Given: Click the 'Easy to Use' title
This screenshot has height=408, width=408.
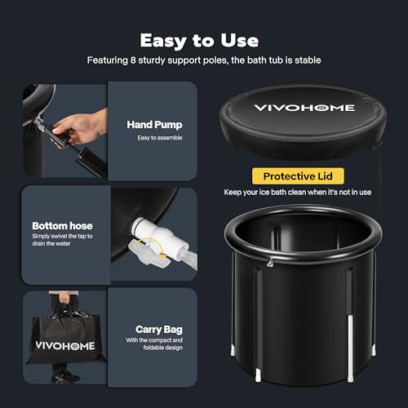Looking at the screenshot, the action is [x=199, y=41].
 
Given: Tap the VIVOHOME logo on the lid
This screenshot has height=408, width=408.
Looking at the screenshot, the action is [x=304, y=108].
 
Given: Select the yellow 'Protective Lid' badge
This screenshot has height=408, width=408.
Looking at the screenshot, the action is [x=298, y=176].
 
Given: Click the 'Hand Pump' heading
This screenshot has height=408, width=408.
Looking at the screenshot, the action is [x=154, y=125].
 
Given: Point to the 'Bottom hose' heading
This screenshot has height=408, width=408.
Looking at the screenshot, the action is [x=62, y=226].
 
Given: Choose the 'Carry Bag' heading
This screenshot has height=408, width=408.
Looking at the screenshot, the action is [x=159, y=330].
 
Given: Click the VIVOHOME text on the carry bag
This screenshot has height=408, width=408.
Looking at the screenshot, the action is [x=65, y=346].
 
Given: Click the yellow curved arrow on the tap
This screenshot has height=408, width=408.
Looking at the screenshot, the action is [x=153, y=246].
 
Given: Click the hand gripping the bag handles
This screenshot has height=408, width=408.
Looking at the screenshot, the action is [x=64, y=299].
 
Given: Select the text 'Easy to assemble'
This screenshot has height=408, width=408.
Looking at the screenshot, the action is [x=160, y=138].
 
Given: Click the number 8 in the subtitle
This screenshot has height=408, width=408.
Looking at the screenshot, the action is [x=133, y=60].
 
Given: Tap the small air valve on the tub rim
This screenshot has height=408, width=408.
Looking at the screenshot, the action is [x=270, y=263].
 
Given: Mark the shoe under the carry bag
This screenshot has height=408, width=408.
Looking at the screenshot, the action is [x=65, y=377].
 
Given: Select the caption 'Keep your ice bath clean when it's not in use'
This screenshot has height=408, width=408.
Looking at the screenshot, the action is [x=298, y=193].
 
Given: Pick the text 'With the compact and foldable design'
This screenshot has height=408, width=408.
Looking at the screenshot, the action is [x=154, y=344].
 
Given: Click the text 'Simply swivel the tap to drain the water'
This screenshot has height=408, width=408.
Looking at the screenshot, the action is [x=62, y=240].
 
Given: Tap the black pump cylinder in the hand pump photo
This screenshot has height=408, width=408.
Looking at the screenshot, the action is [x=91, y=162].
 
